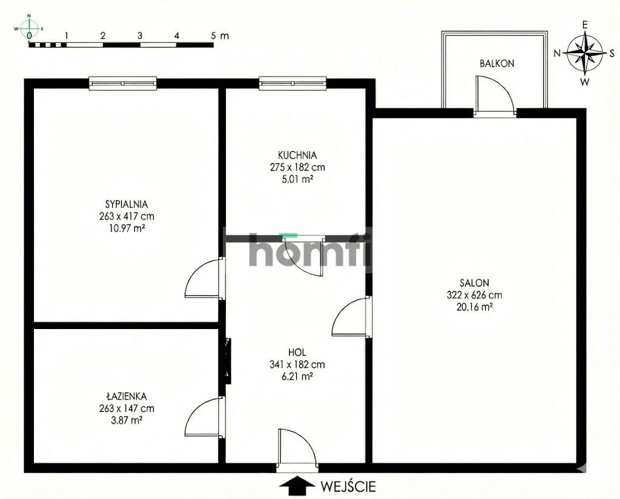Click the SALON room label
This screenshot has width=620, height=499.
coord(474,282)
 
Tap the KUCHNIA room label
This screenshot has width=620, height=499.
coord(294,155)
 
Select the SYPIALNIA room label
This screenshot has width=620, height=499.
coord(127,204)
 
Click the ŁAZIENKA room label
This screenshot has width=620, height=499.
coord(126,396)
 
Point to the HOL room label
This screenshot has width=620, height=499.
coord(297,352)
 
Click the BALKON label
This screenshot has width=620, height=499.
coord(497,63)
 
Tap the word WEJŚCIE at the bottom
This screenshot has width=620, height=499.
coord(349,485)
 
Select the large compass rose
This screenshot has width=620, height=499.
coord(585,53)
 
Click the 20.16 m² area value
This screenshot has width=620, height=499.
coord(474,307)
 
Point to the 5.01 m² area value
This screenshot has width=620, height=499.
coord(294,179)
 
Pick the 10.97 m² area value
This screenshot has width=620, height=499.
coord(127,229)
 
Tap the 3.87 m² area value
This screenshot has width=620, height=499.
coord(126,420)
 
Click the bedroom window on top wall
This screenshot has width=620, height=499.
coord(123,83)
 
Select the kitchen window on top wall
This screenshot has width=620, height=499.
coord(293,83)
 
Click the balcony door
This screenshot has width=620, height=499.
coord(495,97)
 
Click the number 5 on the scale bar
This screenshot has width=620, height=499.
coord(214,36)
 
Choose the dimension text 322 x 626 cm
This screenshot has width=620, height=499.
coord(474,295)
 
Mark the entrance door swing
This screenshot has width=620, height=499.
coord(296,449)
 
